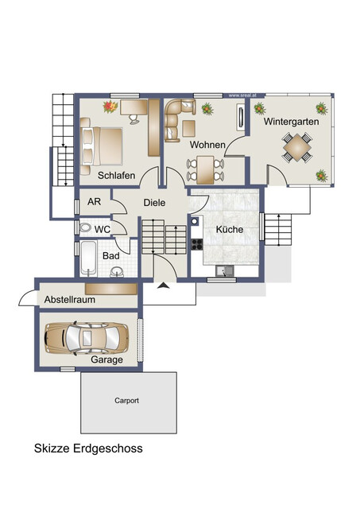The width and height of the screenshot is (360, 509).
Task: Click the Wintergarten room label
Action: coord(291,122)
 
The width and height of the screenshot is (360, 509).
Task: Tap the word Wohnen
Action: coord(207,145)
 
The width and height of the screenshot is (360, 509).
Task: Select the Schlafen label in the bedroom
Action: coord(117,175)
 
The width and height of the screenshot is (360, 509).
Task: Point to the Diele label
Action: coord(154,203)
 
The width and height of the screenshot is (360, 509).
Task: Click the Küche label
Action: coord(230,229)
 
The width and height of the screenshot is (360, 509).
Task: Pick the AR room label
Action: coord(94,201)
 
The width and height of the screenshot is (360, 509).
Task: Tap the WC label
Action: coord(103,230)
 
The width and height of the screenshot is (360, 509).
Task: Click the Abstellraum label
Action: coord(70,299)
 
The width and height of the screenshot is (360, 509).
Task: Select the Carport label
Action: coord(126,401)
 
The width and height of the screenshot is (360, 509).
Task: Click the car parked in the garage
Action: coord(87,338)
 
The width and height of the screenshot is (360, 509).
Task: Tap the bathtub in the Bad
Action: coord(88,258)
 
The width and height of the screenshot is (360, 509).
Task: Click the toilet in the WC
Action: coord(85,227)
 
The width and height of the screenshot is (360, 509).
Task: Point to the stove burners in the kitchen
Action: coord(196,244)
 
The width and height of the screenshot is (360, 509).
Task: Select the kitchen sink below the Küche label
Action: coord(224,270)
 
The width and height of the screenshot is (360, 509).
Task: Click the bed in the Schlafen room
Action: coord(102,146)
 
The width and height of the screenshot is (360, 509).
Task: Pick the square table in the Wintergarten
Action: coord(297,147)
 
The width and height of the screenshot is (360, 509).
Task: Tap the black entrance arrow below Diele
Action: coord(164,286)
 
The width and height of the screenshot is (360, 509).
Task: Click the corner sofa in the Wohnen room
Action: coord(177,119)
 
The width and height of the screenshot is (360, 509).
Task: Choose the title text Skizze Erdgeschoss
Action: coord(88,449)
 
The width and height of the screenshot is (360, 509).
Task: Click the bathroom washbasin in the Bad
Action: coord(117,271)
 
